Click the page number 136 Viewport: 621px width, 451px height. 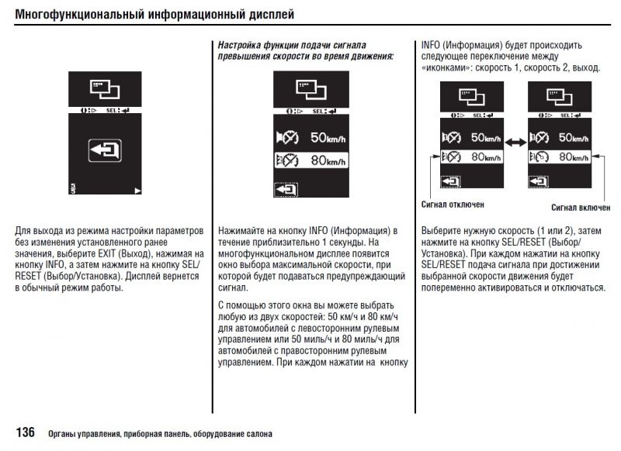25,432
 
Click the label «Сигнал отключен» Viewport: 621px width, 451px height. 453,204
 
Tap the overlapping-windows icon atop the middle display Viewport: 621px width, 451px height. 310,88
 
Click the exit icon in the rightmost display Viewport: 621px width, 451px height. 536,181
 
